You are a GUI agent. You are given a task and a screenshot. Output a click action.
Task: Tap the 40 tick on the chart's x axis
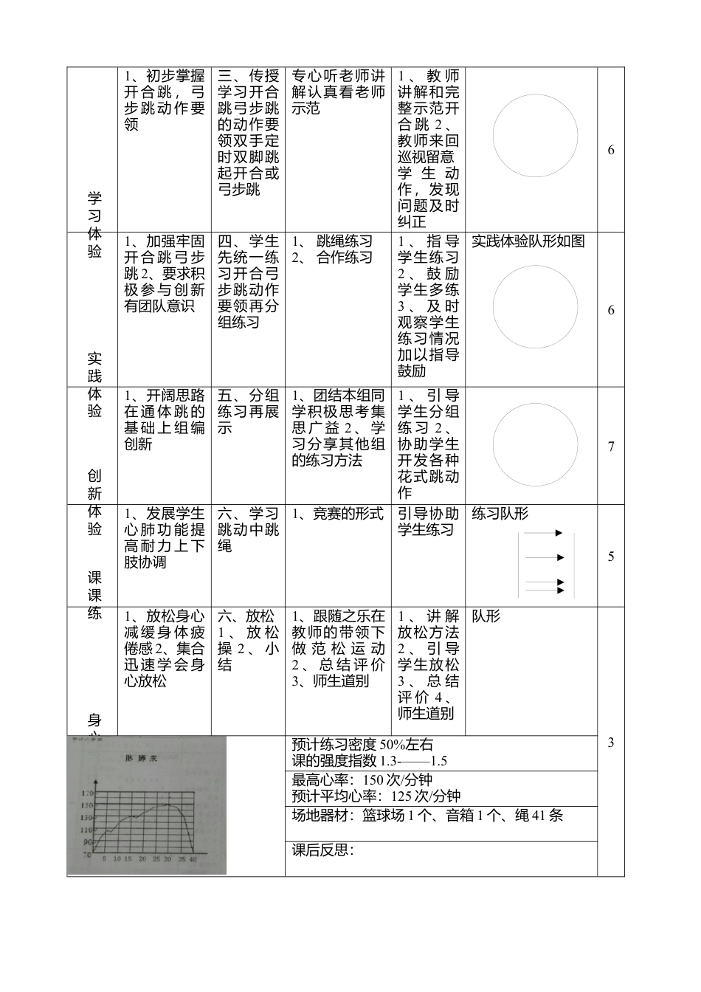click(x=193, y=859)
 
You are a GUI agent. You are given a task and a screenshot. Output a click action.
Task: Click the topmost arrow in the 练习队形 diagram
click(x=559, y=533)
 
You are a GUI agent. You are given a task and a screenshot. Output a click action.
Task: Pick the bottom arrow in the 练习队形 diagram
click(x=559, y=590)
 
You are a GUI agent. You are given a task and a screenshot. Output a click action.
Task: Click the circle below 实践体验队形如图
click(x=535, y=306)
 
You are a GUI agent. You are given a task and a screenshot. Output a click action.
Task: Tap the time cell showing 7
click(x=611, y=447)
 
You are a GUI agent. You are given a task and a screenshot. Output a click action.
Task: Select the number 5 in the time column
click(x=611, y=557)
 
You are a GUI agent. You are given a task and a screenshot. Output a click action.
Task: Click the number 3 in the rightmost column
click(x=611, y=743)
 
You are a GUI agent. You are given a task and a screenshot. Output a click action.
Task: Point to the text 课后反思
click(x=322, y=850)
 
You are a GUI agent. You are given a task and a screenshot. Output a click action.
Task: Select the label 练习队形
click(x=500, y=514)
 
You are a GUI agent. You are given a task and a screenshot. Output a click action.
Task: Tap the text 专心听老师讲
click(x=339, y=76)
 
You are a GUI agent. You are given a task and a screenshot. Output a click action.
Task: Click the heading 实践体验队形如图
click(x=528, y=241)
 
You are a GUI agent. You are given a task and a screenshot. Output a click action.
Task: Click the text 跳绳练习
click(x=345, y=241)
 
